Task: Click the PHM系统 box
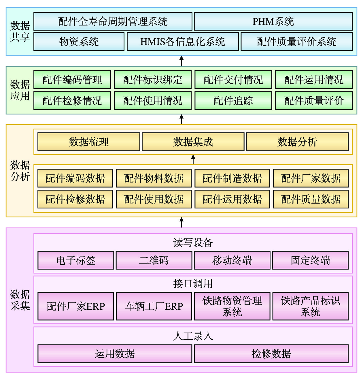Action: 273,21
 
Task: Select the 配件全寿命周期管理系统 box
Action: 113,21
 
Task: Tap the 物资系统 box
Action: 79,42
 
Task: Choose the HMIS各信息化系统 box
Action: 183,42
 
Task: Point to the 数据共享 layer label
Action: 20,31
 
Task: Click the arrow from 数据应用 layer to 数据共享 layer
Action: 181,61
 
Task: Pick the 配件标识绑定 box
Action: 153,80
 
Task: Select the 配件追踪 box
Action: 233,101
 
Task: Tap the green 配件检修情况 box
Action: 72,101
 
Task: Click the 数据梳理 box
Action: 89,142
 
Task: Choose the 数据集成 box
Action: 193,142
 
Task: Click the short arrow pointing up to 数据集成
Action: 193,160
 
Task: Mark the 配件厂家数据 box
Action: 311,178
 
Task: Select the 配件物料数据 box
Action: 154,178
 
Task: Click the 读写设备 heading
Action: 193,242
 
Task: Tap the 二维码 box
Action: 154,260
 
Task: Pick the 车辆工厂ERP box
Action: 154,306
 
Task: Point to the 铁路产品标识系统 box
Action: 311,306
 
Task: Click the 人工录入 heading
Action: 193,336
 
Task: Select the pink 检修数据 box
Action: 271,354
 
